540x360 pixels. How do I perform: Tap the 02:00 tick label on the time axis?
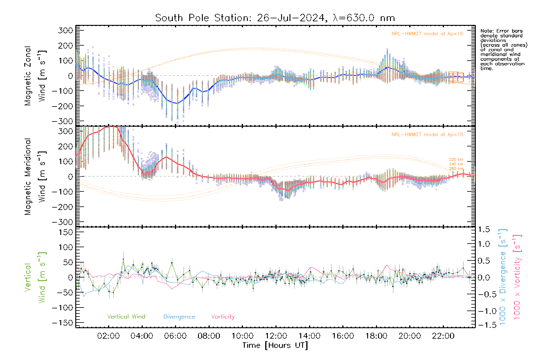[x=108, y=336]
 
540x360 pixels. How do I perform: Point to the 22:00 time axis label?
[x=443, y=336]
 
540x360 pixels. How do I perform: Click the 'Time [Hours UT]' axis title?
[x=275, y=346]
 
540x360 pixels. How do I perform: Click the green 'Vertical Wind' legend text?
[x=126, y=317]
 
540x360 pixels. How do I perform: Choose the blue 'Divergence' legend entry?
[x=179, y=317]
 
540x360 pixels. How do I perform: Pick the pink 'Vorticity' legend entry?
[x=223, y=317]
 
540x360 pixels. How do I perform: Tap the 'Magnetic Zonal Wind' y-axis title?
[x=35, y=76]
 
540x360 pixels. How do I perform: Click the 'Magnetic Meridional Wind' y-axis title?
[x=35, y=176]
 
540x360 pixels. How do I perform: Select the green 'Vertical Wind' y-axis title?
[x=35, y=277]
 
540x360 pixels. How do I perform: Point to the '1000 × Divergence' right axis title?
[x=503, y=277]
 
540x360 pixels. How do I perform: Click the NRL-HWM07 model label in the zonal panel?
[x=427, y=34]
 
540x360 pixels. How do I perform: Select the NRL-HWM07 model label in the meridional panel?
[x=427, y=135]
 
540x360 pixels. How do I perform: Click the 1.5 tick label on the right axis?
[x=484, y=229]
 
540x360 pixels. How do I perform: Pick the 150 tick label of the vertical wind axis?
[x=66, y=232]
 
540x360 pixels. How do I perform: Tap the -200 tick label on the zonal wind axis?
[x=62, y=106]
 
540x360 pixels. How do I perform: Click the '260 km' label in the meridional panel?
[x=456, y=169]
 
